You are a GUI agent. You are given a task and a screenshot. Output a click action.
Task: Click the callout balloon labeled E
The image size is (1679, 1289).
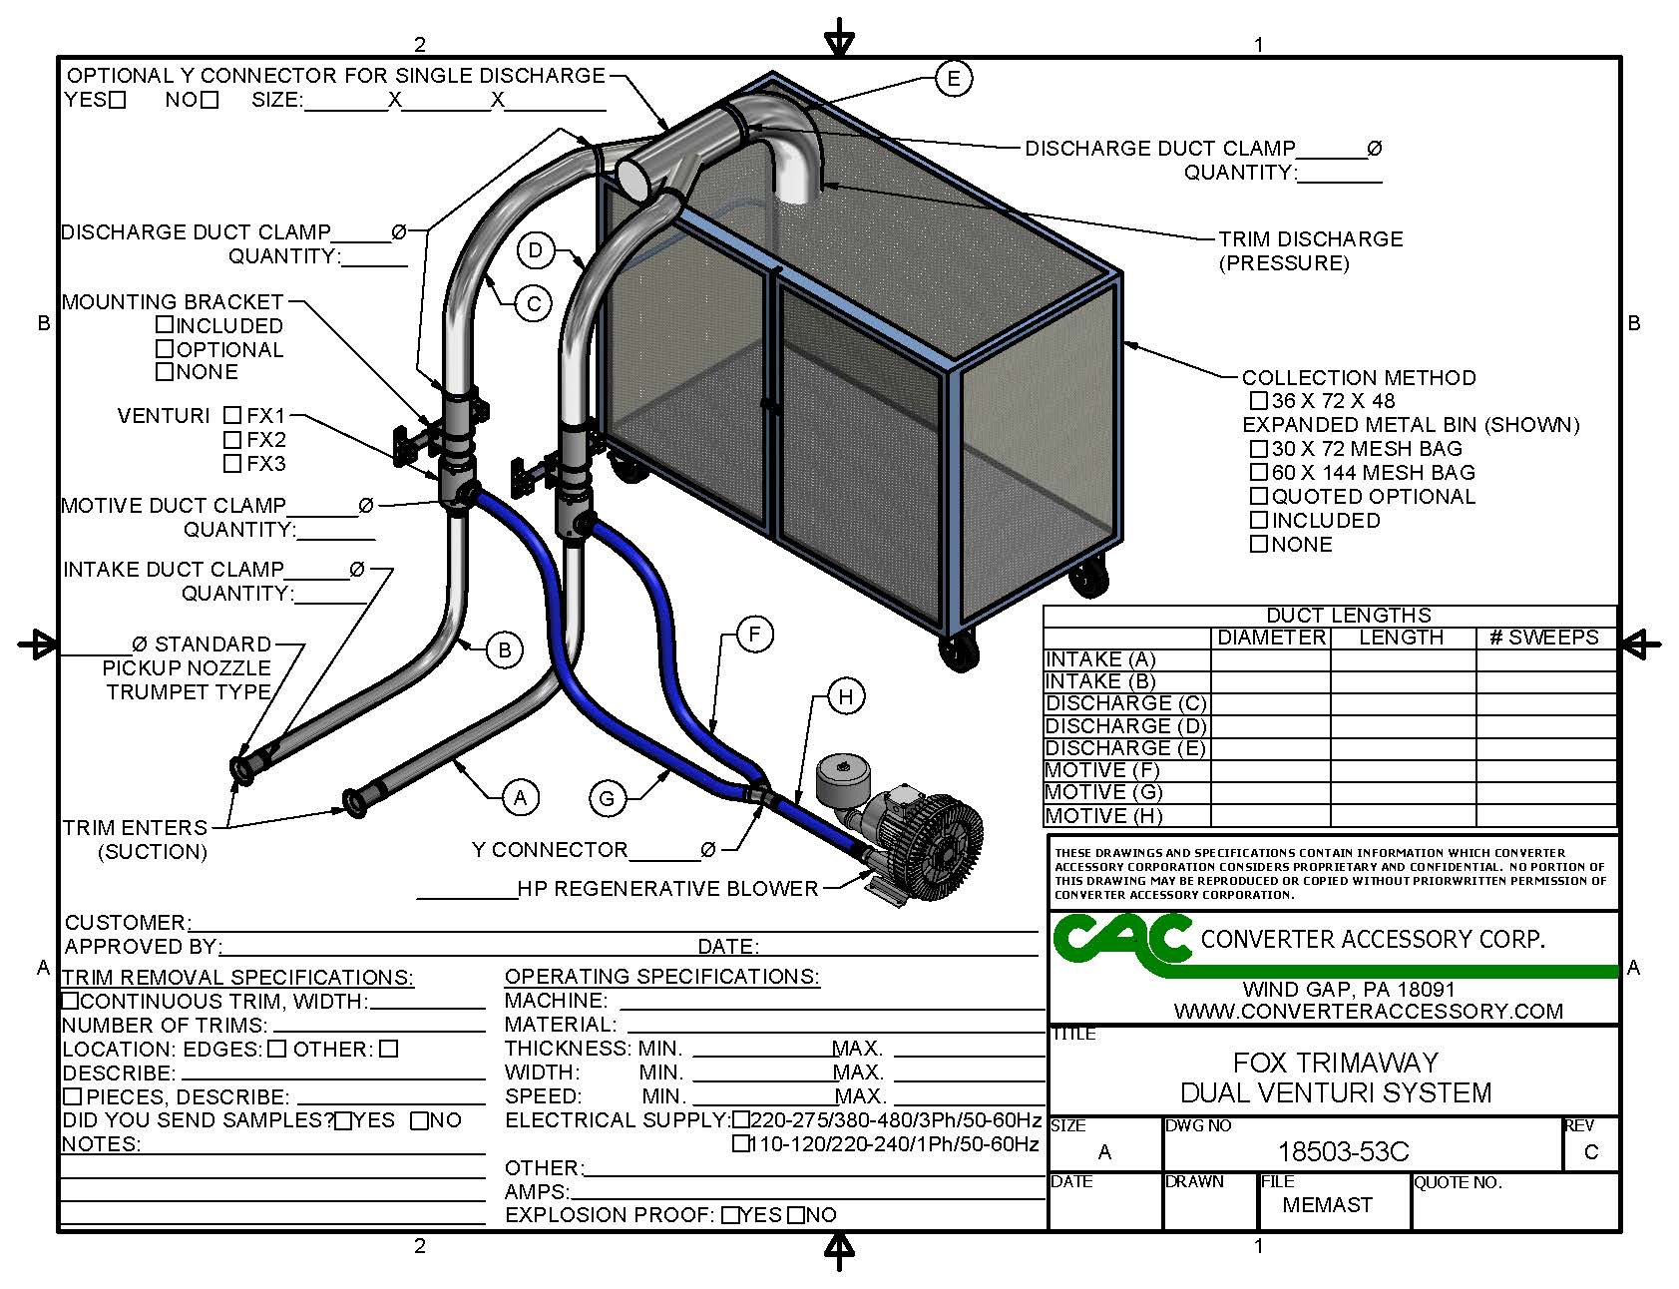pos(954,78)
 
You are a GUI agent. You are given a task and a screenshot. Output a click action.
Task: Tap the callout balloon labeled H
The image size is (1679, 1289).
pos(846,696)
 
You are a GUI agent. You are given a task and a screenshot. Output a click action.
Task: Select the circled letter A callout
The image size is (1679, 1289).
pos(520,796)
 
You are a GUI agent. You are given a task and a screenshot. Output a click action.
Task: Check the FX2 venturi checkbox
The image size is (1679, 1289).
pos(232,439)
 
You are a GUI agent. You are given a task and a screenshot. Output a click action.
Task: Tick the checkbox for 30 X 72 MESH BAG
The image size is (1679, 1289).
pos(1259,449)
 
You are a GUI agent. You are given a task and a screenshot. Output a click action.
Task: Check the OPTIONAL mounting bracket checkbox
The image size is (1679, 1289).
pos(165,349)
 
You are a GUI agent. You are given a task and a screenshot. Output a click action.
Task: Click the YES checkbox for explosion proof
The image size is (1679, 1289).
pos(731,1215)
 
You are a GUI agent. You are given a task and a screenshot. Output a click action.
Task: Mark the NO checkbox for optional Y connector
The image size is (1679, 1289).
pos(210,100)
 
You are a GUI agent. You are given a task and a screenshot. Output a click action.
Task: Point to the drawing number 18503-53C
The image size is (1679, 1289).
pos(1343,1152)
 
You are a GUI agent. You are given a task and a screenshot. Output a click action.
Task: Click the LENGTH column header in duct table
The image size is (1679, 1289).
pos(1402,638)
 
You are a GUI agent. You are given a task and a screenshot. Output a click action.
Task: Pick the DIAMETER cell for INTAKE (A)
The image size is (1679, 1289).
pos(1271,659)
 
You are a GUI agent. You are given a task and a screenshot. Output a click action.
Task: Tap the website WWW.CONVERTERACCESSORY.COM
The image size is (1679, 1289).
pos(1369,1011)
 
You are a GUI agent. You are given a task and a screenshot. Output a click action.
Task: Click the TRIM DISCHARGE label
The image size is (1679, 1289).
pos(1310,239)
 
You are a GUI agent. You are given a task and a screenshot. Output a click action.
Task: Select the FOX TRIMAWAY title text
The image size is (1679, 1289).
pos(1336,1063)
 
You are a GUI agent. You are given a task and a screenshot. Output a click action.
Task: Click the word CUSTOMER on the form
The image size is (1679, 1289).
pos(125,922)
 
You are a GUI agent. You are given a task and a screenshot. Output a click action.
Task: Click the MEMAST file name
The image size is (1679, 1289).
pos(1327,1204)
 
